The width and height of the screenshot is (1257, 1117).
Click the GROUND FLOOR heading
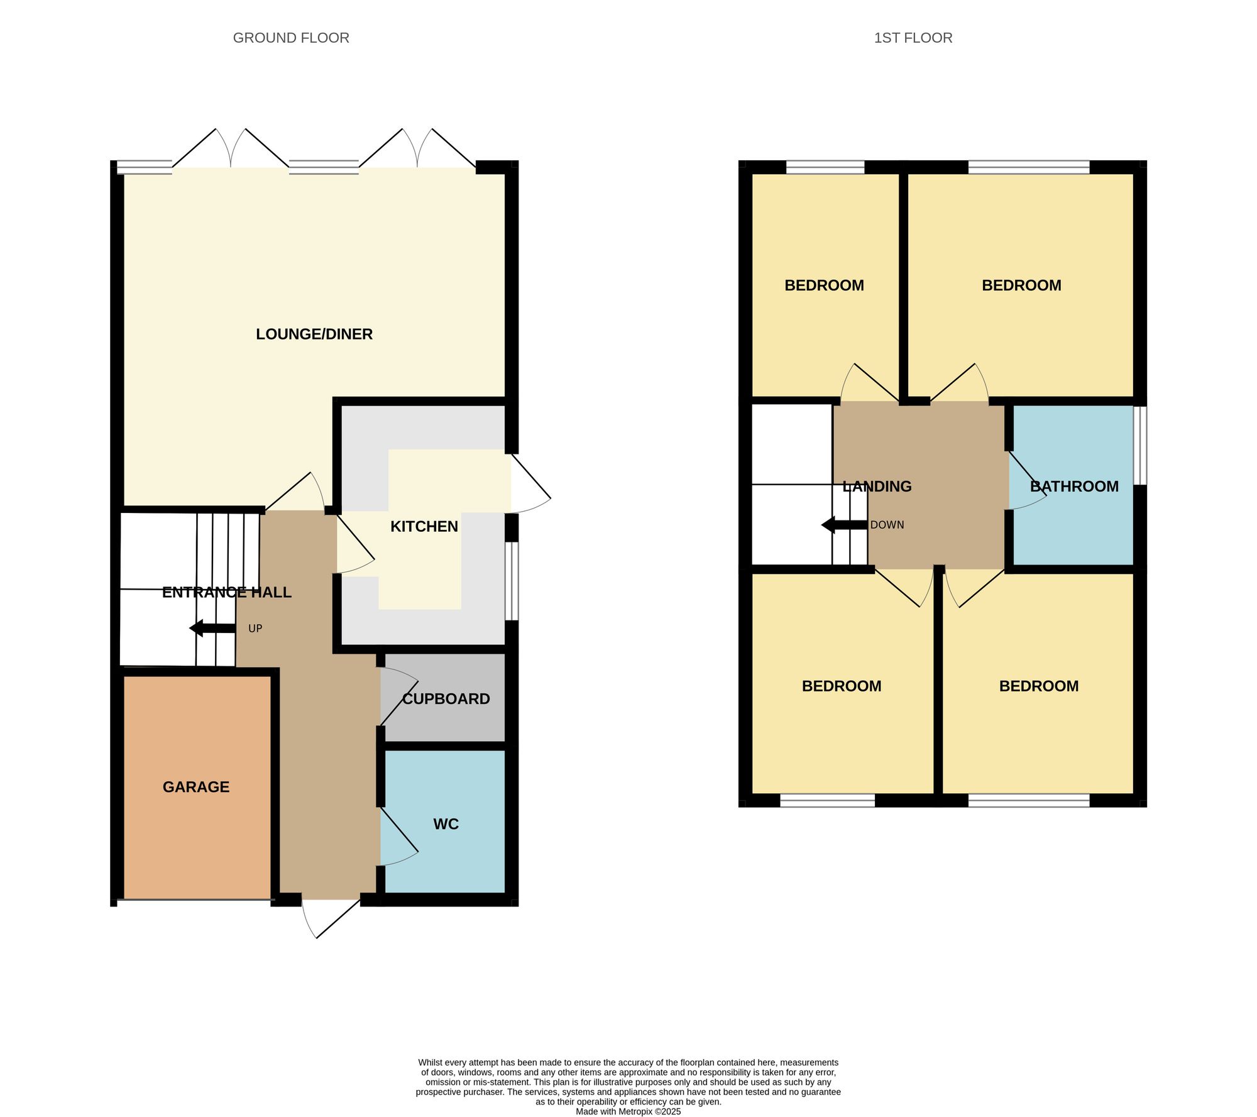(x=291, y=38)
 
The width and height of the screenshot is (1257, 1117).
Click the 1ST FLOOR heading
(x=913, y=38)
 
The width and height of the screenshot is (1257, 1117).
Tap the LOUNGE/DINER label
(x=314, y=334)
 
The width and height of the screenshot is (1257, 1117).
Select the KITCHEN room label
(x=424, y=526)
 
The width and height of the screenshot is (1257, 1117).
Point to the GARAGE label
(x=196, y=786)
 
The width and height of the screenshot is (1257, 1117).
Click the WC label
(x=446, y=823)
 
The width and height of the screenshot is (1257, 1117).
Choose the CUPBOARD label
(x=446, y=698)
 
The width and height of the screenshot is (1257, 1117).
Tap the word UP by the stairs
(x=255, y=628)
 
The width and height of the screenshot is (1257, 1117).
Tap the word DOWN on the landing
(x=887, y=525)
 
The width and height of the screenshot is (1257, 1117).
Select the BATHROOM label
(x=1074, y=486)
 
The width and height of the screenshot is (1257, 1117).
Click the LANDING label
(x=877, y=486)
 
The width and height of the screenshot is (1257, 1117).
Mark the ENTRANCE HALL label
(x=227, y=592)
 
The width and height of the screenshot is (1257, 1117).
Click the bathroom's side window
(x=1139, y=445)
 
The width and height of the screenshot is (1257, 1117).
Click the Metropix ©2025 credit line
(x=628, y=1111)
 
